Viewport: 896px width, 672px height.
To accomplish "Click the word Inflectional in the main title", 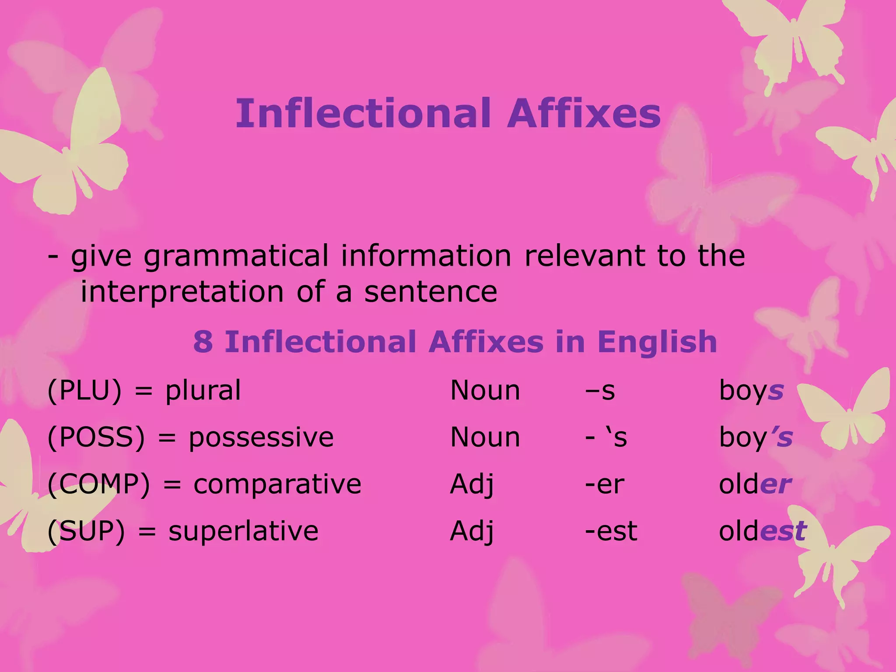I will coord(363,113).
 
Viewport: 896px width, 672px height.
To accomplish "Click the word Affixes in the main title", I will coord(584,113).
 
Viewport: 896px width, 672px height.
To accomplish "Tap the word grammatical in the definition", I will coord(236,256).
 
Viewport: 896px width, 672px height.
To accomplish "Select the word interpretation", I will coord(182,292).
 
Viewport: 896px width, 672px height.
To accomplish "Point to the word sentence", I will coord(430,292).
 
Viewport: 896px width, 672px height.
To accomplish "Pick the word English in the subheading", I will coord(657,342).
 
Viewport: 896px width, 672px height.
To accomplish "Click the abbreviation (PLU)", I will coord(84,390).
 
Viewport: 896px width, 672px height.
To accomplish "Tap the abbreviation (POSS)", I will coord(96,437).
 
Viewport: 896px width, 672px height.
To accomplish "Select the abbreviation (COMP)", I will coord(99,484).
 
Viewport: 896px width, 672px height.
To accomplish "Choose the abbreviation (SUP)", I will coord(86,531).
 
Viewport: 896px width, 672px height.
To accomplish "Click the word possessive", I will coord(261,437).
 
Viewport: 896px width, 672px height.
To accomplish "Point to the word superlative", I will coord(243,531).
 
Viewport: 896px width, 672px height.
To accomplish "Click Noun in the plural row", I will coord(485,390).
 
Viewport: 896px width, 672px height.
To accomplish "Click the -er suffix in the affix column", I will coord(605,484).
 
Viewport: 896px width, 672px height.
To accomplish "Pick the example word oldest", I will coord(762,531).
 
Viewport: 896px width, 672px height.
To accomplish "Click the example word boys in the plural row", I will coord(751,391).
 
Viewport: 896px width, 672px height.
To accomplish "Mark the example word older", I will coord(755,484).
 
